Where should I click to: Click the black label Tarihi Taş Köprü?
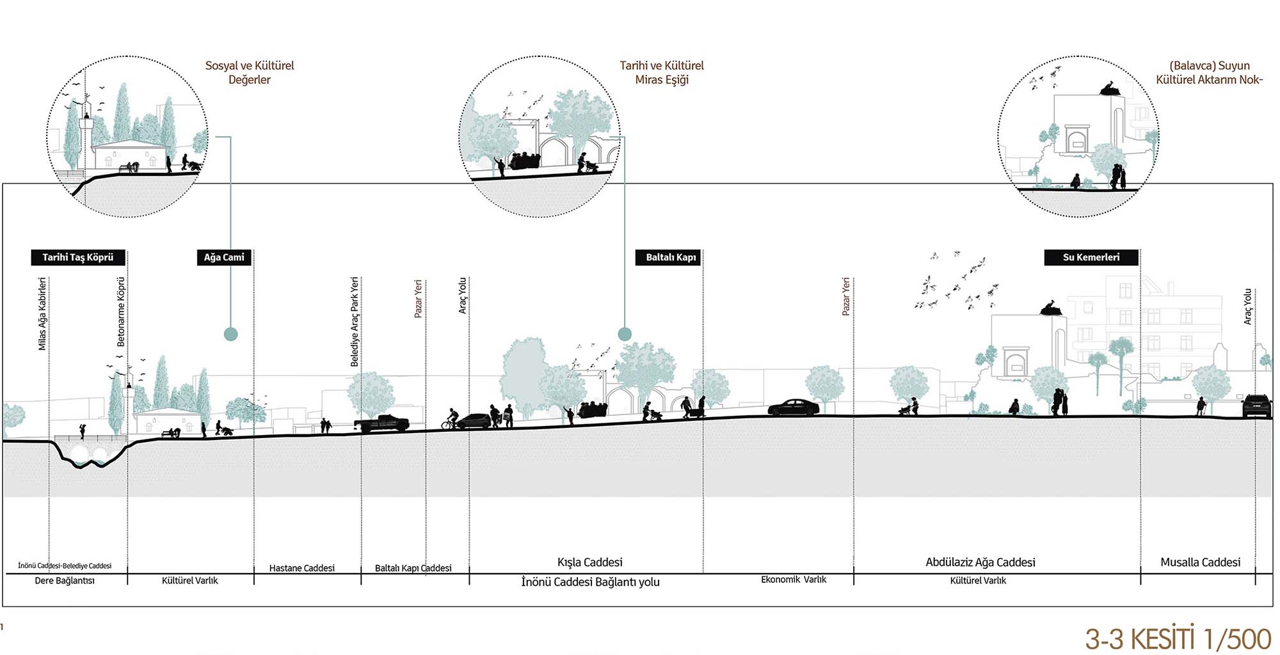tap(78, 257)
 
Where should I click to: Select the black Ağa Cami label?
tap(224, 257)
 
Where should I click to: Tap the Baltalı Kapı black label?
tap(670, 257)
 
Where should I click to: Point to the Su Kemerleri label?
tap(1091, 257)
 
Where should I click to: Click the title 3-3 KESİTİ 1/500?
tap(1178, 638)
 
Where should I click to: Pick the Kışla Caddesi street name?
tap(589, 562)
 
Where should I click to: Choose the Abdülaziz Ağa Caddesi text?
tap(980, 562)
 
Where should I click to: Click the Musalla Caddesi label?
tap(1200, 562)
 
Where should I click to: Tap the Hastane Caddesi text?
tap(301, 568)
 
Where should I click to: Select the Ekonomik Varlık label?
tap(794, 580)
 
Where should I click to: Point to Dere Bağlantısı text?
tap(65, 581)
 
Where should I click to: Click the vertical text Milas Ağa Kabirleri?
tap(42, 313)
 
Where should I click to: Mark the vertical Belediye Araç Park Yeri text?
tap(355, 321)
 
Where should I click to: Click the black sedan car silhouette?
tap(794, 407)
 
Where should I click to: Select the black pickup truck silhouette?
tap(382, 423)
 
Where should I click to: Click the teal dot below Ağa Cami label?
tap(231, 334)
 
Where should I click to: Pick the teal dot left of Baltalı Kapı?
tap(625, 334)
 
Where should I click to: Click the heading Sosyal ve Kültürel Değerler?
tap(250, 72)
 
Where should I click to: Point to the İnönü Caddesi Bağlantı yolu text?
tap(590, 582)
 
